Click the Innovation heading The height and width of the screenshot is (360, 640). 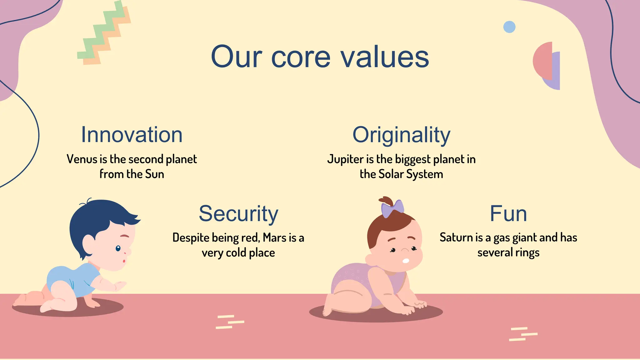point(132,135)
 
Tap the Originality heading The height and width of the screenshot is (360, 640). point(401,135)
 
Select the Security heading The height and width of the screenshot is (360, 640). point(238,214)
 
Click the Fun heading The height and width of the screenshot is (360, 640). point(508,214)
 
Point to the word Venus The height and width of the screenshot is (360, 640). point(82,159)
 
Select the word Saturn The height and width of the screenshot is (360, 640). point(457,237)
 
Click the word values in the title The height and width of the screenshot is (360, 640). point(385,57)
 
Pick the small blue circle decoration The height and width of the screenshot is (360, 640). point(509,27)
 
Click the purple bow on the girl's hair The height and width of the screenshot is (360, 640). point(392,208)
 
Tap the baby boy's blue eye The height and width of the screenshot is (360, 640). point(118,248)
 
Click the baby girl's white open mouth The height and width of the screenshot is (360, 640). point(405,261)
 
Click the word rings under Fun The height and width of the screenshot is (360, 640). point(527,252)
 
